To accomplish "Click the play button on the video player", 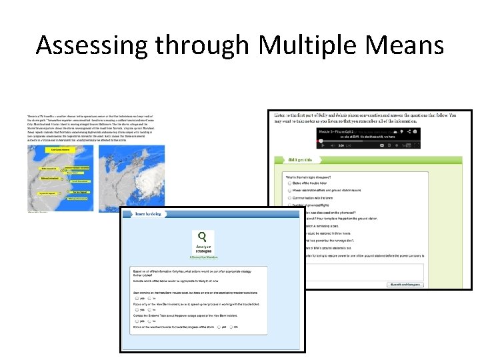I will click(322, 145).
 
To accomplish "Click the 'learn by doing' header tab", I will click(147, 215).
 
